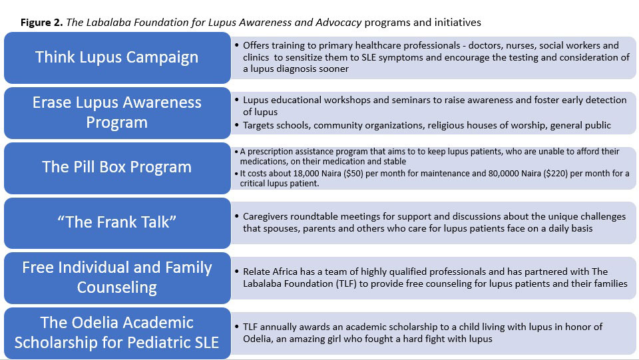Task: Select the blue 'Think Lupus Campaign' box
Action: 117,57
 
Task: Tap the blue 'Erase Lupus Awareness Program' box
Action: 117,113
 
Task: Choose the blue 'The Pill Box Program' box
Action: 117,166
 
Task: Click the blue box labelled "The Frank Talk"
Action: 117,222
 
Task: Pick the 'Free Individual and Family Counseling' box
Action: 117,277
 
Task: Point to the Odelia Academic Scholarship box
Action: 117,333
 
